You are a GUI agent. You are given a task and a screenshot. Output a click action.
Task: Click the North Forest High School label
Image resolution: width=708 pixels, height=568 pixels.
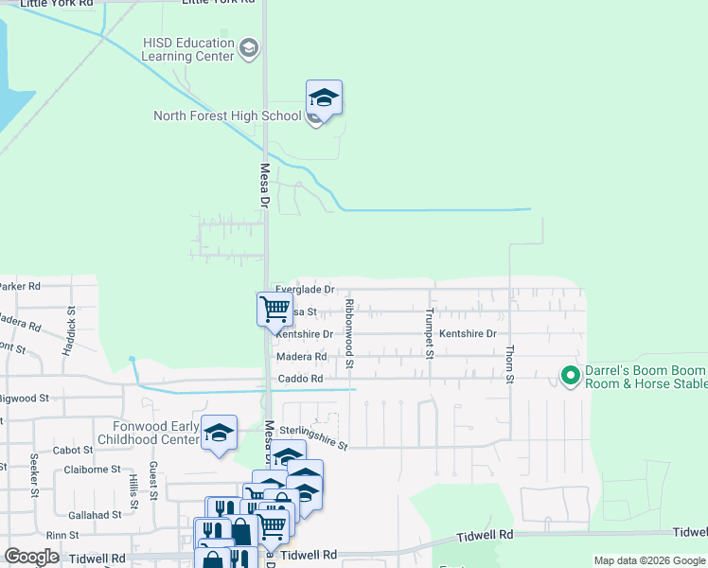coord(227,116)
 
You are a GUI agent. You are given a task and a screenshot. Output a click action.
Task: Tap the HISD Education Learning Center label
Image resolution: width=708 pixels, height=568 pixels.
coord(187,49)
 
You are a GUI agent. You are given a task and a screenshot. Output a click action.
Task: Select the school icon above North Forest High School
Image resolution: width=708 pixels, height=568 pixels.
coord(324,98)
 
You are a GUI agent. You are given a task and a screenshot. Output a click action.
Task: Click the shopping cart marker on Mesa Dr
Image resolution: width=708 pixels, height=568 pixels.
coord(274,309)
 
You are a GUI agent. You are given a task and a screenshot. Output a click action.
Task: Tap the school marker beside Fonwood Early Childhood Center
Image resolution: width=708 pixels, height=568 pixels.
coord(220,435)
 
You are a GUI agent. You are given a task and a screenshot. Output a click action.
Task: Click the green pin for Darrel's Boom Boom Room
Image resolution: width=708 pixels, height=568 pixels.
coord(570,376)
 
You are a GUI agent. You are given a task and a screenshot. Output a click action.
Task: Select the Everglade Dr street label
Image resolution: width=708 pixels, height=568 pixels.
coord(305,289)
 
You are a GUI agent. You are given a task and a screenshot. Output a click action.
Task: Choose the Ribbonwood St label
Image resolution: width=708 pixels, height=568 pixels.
coord(349,333)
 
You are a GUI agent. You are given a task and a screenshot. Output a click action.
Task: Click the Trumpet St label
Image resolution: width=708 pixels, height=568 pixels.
coord(429,334)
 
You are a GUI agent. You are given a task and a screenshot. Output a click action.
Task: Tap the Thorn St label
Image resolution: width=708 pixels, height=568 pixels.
coord(509,364)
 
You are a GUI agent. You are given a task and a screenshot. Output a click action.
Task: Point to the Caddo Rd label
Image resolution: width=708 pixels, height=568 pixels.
coord(300,379)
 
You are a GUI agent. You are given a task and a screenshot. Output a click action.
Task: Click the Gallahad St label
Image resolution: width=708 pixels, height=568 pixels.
coord(95,515)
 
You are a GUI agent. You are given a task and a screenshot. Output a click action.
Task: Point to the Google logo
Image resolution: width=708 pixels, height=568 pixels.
coord(31,557)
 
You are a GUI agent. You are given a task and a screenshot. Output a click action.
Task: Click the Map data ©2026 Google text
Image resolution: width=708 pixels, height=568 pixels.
coord(648,560)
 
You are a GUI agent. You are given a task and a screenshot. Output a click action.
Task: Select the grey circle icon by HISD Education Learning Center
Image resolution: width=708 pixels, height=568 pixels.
coord(249,47)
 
